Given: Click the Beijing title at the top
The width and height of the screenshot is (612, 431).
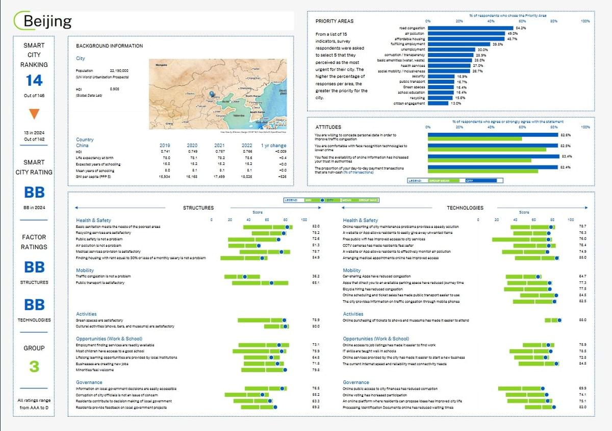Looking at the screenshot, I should coord(47,21).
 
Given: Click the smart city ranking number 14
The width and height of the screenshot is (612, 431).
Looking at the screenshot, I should coord(34,80).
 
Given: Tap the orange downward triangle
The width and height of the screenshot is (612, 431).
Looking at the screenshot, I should coord(34,114).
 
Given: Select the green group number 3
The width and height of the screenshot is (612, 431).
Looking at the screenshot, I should coord(34,366).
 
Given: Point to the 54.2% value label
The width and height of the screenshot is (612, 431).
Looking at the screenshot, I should coord(521,28).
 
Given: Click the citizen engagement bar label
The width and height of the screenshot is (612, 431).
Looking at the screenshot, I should coord(409,103).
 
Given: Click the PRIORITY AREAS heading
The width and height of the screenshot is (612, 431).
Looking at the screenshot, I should coord(334,21).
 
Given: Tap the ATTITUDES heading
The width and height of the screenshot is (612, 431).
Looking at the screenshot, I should coord(328,127).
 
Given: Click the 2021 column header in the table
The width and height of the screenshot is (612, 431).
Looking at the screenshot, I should coord(220,146).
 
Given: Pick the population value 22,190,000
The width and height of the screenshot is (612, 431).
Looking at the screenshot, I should coord(119,70).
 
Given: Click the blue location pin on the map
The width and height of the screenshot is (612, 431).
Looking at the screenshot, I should coord(211,94).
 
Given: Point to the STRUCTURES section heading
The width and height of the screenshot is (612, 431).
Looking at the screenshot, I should coord(198,208).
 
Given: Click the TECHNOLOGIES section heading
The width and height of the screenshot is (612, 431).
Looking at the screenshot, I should coord(465,208).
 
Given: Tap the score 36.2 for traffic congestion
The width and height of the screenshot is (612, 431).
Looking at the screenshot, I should coord(316,276).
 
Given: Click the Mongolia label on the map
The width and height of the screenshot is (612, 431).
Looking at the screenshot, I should coord(161,65).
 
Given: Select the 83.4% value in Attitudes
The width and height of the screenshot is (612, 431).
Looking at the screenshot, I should coord(566,156).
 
